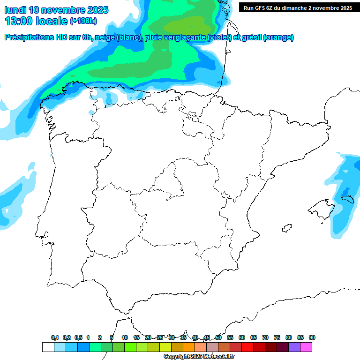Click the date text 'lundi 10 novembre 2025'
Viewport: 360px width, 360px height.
click(56, 10)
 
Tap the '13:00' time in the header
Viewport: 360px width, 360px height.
click(20, 21)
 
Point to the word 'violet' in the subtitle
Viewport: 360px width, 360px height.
click(218, 37)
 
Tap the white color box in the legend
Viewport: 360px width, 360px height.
click(48, 347)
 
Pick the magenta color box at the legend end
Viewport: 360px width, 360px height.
click(306, 347)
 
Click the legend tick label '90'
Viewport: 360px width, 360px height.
click(312, 337)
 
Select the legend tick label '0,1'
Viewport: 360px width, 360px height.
click(55, 337)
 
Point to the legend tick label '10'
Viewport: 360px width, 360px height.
click(125, 337)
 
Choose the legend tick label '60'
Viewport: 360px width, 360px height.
click(242, 337)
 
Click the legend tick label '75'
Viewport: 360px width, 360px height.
click(277, 337)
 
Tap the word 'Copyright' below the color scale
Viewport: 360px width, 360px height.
click(176, 357)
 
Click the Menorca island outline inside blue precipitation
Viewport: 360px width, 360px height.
click(347, 199)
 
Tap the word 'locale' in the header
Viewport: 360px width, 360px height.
click(52, 21)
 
